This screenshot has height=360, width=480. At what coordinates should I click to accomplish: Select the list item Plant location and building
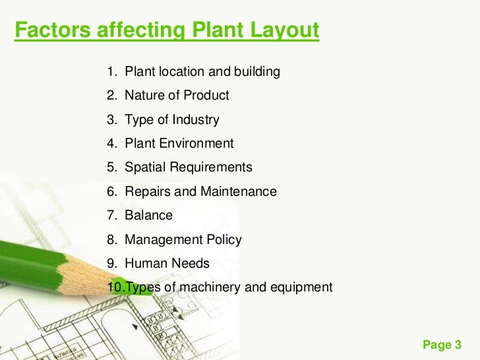pos(202,71)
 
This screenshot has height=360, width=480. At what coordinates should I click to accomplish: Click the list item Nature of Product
pos(177,96)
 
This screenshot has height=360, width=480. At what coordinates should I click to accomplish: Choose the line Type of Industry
pos(172,120)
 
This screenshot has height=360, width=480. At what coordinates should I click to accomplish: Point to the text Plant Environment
pos(179,144)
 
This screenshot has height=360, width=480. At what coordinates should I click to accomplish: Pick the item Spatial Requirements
pos(189,167)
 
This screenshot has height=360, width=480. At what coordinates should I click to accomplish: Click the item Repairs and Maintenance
pos(200,192)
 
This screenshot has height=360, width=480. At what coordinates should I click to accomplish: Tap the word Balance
pos(148,216)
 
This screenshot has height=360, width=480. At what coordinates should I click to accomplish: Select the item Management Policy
pos(183,240)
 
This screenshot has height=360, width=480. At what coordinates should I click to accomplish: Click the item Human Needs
pos(167,264)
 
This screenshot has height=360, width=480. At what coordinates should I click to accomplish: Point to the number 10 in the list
pos(115,287)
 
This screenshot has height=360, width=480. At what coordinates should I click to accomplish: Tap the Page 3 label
pos(441,345)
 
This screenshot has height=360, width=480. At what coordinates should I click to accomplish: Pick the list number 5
pos(111,167)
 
